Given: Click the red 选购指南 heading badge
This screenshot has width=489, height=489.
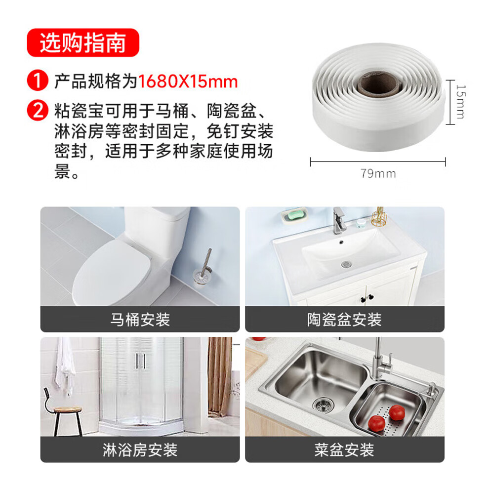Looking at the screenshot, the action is coord(83,42).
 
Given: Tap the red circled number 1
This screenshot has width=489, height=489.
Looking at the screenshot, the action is coord(38,81).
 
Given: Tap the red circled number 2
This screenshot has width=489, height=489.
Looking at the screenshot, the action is coord(38,110).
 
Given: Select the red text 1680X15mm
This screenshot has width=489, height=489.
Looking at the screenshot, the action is coord(188,81).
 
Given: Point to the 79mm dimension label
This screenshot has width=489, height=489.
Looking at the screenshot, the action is coord(378,173).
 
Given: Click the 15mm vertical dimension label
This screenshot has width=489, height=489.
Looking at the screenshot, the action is coord(460,102).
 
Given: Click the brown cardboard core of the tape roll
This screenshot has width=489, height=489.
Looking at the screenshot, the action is coord(378,83).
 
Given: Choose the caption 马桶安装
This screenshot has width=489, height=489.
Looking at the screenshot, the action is coord(140,320).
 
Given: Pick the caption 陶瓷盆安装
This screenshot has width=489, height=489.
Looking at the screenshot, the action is coord(344,320).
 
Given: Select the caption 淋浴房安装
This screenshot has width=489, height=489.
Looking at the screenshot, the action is coord(140,449).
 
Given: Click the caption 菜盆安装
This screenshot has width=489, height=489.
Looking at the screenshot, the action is coord(344,449).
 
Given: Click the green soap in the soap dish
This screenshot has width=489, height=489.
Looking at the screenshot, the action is coord(294,214).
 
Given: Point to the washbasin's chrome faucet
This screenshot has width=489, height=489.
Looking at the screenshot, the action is coord(339,220).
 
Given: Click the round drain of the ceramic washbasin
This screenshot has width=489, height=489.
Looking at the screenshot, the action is coord(346,264).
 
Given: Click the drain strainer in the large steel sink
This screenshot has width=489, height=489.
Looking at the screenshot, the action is coord(323,405).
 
